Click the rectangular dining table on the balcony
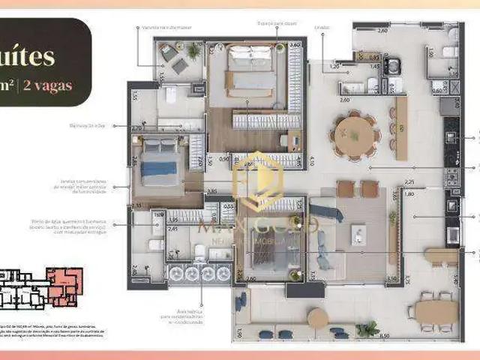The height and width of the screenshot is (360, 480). pyautogui.click(x=436, y=310)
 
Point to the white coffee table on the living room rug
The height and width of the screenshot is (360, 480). pyautogui.click(x=353, y=233)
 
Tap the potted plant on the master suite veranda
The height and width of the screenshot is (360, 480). pyautogui.click(x=193, y=51)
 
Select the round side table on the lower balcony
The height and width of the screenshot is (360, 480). pyautogui.click(x=318, y=318)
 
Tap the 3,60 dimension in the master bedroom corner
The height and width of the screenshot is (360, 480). pyautogui.click(x=295, y=45)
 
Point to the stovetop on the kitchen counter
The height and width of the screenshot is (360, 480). pyautogui.click(x=452, y=176)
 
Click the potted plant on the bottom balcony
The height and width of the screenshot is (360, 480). pyautogui.click(x=367, y=328)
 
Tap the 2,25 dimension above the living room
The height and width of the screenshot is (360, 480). pyautogui.click(x=409, y=182)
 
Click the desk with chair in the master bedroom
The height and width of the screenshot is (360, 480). pyautogui.click(x=293, y=139)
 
